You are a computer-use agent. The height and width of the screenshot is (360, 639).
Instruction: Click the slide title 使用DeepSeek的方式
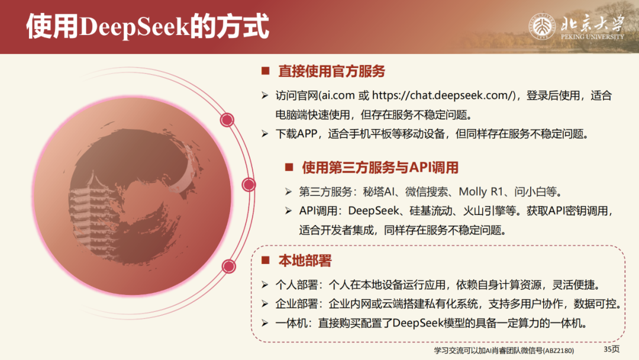coord(147,27)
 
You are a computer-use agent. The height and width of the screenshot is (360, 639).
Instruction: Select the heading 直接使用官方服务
coord(332,72)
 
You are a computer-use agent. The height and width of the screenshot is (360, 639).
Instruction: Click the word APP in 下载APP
coord(307,134)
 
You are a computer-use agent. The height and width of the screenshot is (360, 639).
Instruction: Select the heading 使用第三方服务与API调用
coord(380,168)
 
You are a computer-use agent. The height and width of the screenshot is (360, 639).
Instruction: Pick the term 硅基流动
coord(412,211)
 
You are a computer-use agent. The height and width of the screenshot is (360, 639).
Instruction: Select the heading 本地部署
coord(305,261)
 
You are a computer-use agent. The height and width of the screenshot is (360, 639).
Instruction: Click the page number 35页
coord(611,349)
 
